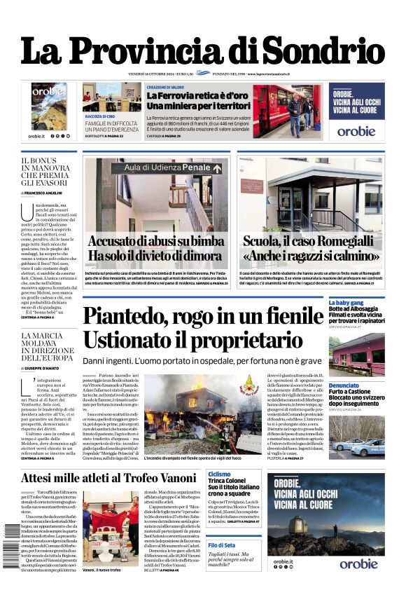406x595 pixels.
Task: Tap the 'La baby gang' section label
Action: [345, 302]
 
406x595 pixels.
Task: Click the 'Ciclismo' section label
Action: [219, 474]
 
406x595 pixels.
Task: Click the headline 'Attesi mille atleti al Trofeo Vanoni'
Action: [108, 478]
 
